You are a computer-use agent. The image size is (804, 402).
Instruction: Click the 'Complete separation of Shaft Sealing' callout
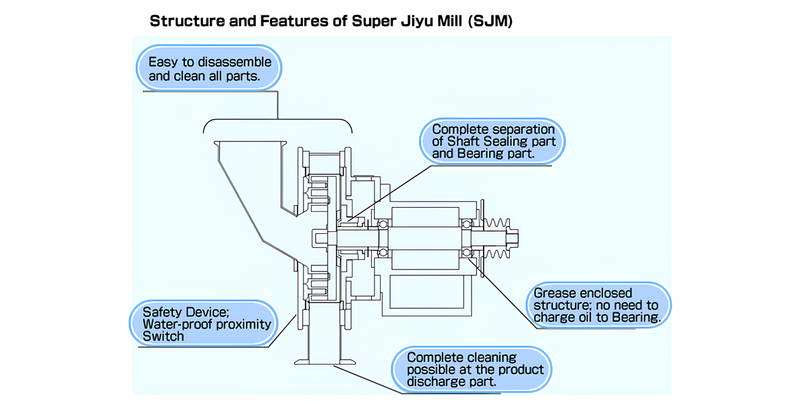pyautogui.click(x=493, y=141)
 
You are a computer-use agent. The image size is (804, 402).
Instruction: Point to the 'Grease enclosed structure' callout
pyautogui.click(x=596, y=306)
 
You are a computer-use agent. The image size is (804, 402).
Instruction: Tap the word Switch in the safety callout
pyautogui.click(x=163, y=336)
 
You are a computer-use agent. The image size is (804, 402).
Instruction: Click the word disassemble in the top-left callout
pyautogui.click(x=234, y=62)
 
